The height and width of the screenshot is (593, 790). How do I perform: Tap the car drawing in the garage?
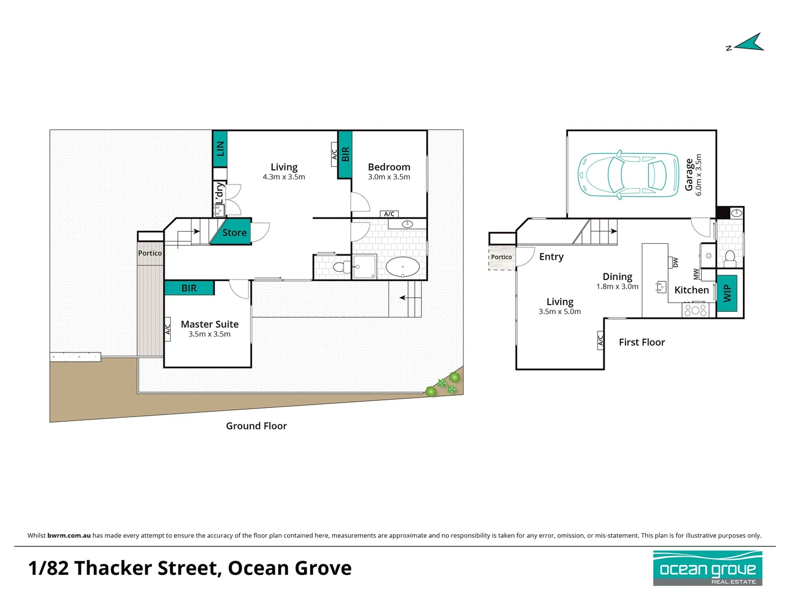pos(628,175)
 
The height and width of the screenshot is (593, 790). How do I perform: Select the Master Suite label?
pos(210,324)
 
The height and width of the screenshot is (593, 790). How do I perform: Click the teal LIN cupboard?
pos(219,149)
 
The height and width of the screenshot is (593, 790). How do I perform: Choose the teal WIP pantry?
pos(727,293)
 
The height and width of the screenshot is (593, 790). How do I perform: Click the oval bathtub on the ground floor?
pos(402,267)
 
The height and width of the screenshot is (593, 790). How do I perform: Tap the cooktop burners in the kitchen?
pos(695,310)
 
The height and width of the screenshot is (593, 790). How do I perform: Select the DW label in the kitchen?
pos(675,262)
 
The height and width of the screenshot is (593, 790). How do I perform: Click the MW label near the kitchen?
pos(696,274)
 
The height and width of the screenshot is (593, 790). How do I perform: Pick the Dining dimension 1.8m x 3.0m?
pos(617,287)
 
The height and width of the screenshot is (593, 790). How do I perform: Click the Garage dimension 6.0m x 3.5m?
pos(698,175)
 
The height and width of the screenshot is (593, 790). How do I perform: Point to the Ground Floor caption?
pos(256,426)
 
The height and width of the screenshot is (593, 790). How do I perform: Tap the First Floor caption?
pos(642,342)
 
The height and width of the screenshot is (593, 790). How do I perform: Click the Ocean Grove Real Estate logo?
pos(708,568)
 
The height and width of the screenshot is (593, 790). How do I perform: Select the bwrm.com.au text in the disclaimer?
pos(69,535)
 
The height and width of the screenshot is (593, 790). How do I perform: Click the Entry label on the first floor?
pos(551,257)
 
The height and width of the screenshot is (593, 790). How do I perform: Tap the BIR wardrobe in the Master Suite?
pos(189,288)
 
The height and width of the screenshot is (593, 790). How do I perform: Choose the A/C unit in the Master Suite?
pos(167,329)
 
